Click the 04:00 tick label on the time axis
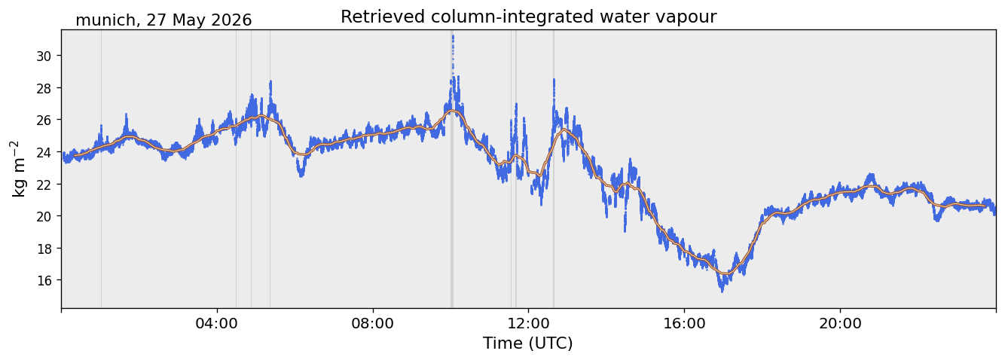217,323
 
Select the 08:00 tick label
372,323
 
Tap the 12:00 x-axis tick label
528,323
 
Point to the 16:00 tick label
684,323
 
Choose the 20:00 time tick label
840,323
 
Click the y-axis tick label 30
44,56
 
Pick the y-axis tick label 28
44,88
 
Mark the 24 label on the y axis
44,152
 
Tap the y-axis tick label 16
44,281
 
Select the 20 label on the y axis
44,217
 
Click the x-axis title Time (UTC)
528,343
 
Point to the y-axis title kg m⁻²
19,169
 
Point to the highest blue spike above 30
453,37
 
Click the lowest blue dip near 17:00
722,291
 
